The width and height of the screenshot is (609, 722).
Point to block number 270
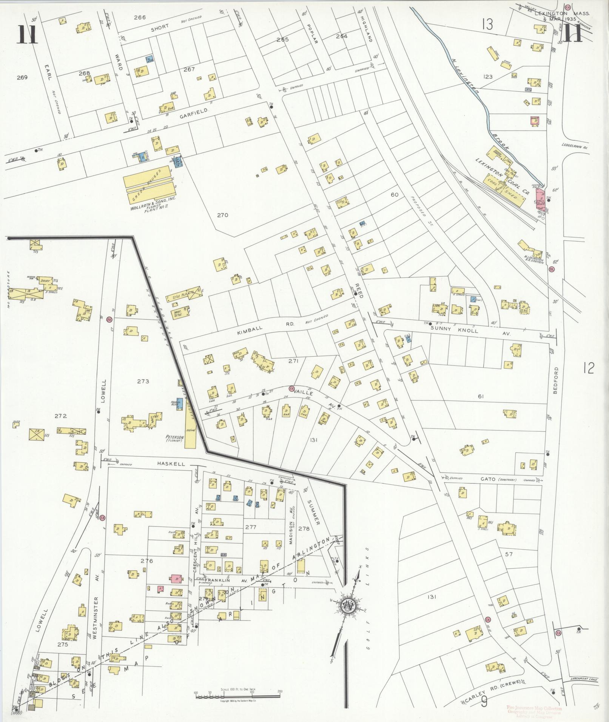point(223,216)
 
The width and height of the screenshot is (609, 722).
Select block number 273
point(143,382)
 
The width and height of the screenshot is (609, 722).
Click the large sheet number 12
point(589,368)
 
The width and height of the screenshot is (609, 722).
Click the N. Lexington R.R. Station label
point(534,260)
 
